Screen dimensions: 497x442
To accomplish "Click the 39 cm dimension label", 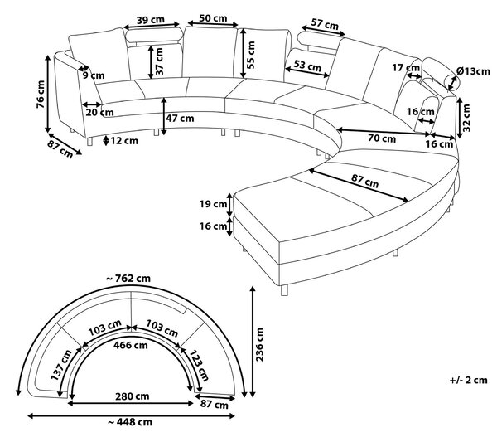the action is (x=151, y=20).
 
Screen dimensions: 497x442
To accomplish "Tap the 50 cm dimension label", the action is (x=213, y=18).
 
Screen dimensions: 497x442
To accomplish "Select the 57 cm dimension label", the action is (x=325, y=24).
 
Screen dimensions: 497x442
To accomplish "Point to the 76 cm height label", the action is (x=41, y=95).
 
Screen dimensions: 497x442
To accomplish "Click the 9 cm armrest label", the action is (x=94, y=75).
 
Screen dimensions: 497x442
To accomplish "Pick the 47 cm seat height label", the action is (x=180, y=119).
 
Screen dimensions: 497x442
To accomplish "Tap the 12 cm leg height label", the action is (x=124, y=141).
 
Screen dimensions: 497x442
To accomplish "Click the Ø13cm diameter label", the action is (x=474, y=71).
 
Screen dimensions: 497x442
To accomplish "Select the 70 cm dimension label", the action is (x=382, y=138).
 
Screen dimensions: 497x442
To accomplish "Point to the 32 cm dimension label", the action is (x=466, y=118).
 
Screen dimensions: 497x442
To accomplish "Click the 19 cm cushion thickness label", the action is (x=213, y=204).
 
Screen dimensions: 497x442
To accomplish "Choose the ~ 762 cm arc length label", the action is (x=128, y=279).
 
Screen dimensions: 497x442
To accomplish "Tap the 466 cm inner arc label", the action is (x=131, y=345).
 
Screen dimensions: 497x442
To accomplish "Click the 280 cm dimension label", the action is (x=133, y=396).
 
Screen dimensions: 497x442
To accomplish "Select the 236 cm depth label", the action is (x=259, y=345).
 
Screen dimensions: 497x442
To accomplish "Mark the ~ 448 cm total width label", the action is (x=130, y=422).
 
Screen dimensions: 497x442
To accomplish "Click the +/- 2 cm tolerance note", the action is (x=469, y=380).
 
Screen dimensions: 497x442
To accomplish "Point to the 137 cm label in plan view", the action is (x=61, y=365).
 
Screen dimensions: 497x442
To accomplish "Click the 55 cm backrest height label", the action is (x=250, y=55).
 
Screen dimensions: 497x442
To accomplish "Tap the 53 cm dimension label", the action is (x=307, y=66).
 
